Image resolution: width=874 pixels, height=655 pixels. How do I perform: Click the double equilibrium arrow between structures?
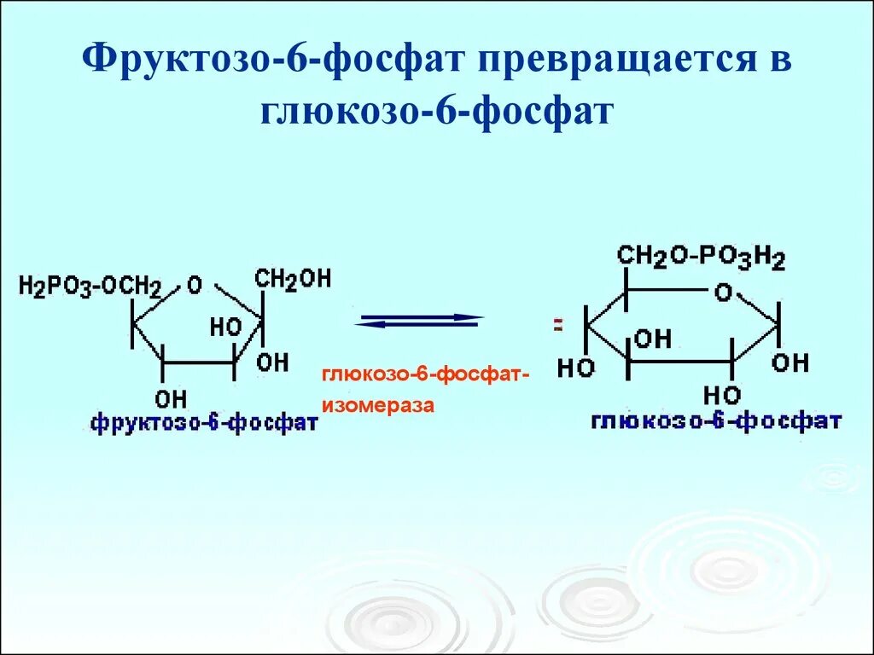419,320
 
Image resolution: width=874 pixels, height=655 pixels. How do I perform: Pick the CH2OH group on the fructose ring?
292,280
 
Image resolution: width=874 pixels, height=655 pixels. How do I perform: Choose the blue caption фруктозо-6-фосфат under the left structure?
204,422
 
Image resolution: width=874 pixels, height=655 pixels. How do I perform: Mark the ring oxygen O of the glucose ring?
723,293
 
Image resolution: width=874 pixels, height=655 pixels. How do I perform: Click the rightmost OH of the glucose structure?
790,363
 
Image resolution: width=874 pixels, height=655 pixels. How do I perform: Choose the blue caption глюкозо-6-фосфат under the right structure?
715,421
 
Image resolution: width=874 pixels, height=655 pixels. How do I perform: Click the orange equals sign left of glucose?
558,325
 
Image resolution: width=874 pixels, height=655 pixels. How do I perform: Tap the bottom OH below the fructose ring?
171,397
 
